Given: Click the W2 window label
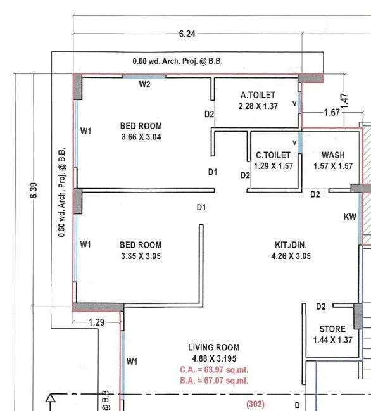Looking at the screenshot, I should pos(144,84).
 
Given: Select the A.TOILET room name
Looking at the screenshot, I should pos(258,96).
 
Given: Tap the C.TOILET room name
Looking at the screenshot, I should pos(273,155).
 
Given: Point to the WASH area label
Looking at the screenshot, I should pos(333,155).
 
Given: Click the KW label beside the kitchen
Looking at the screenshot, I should pos(349,217).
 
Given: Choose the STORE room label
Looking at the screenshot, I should pos(332,329).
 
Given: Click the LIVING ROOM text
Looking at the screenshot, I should pos(213,347).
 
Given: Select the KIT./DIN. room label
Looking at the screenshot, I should pos(291,245).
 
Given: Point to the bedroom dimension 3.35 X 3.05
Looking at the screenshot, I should pos(141,256).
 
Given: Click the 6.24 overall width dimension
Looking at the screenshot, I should pos(187,34).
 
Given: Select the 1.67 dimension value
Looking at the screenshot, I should pos(331,113).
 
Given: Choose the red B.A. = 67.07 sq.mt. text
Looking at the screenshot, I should pos(213,381).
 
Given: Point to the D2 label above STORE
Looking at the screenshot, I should pos(321,307).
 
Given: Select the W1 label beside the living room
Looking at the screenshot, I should pos(132,362).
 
